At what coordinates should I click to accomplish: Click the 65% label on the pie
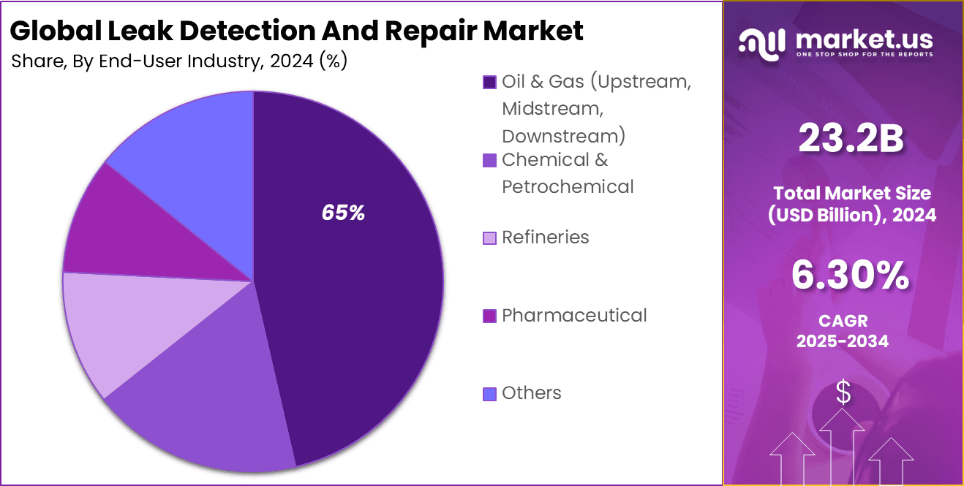pos(343,213)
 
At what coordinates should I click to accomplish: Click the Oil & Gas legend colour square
pos(489,82)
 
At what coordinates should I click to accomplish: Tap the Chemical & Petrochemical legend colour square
pos(489,160)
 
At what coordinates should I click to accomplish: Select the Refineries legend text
pos(545,237)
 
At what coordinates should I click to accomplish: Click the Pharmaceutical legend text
pos(574,315)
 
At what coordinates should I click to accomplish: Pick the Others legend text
pos(532,393)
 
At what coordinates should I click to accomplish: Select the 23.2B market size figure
pos(851,139)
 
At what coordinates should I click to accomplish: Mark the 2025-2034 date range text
pos(843,341)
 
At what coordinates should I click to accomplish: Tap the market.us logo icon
pos(762,43)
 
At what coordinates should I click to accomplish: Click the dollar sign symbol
pos(843,393)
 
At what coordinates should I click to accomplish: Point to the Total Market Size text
pos(852,193)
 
